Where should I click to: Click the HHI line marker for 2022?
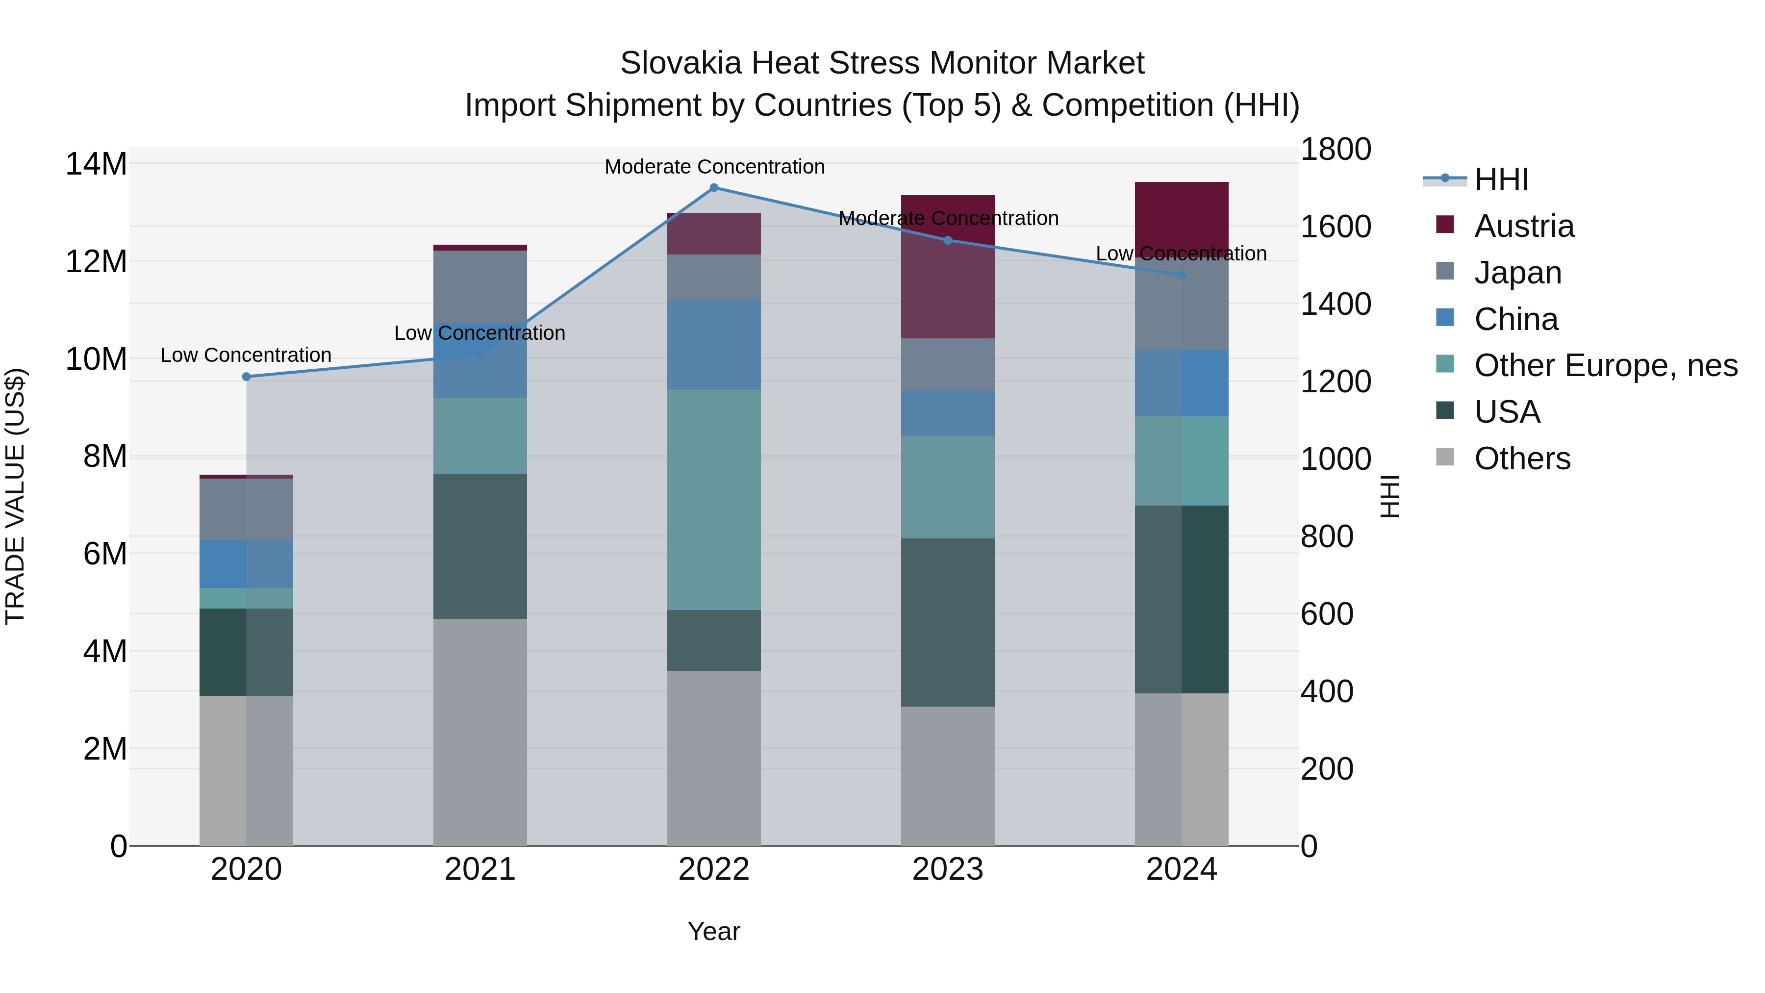[713, 188]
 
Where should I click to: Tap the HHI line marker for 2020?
[247, 377]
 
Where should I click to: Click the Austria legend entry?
[1524, 226]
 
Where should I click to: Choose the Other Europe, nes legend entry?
[1605, 365]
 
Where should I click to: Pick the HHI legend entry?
[1501, 179]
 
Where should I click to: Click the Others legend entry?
[1522, 458]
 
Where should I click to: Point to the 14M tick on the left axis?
[96, 164]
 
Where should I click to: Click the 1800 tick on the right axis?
[1336, 150]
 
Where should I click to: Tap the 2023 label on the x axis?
[948, 869]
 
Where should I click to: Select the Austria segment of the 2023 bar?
[948, 267]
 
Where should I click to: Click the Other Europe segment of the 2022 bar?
[713, 500]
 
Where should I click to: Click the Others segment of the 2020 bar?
[246, 770]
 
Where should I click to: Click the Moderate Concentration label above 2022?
[714, 167]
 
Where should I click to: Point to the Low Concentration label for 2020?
[246, 355]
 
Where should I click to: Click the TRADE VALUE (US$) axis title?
[15, 496]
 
